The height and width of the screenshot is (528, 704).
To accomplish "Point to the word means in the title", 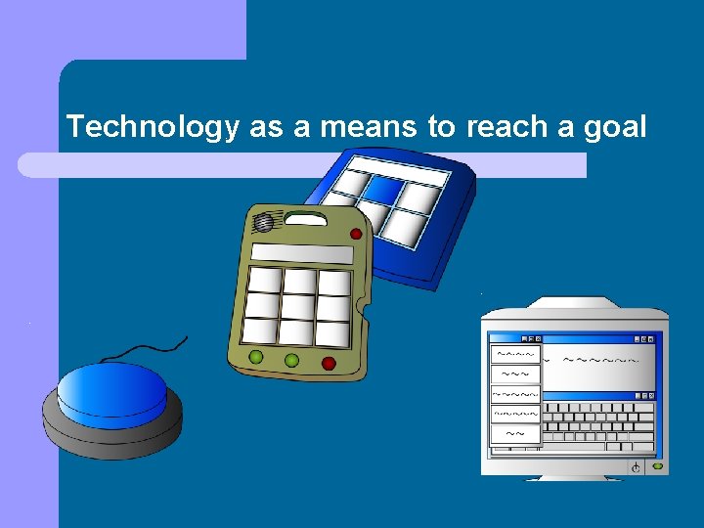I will [354, 126].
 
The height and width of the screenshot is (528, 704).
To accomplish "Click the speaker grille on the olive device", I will [264, 224].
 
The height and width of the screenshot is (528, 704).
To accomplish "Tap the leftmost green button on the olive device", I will [256, 357].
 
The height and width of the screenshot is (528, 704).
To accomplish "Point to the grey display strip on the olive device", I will [301, 254].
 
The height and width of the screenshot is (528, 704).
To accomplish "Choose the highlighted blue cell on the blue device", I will [383, 187].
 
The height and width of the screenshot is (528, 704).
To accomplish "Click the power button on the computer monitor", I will [637, 468].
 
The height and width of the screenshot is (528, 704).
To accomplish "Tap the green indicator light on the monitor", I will [657, 467].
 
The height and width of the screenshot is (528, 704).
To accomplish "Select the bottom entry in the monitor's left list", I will [515, 433].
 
